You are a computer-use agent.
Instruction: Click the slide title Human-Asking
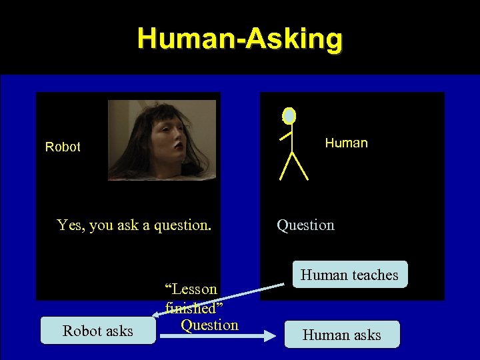tap(240, 39)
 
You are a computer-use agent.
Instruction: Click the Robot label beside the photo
tap(63, 147)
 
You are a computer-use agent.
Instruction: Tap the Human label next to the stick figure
tap(346, 143)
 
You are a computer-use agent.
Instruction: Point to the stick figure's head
tap(289, 116)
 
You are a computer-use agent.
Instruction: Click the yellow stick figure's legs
tap(293, 167)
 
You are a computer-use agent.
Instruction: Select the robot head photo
tap(162, 140)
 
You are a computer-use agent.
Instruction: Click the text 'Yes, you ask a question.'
tap(134, 225)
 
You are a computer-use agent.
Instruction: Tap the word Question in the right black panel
tap(305, 225)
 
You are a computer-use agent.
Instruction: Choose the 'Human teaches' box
tap(349, 275)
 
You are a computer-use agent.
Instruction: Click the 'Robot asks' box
tap(98, 331)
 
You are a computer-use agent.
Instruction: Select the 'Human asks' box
tap(341, 335)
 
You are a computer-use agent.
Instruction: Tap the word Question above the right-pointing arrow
tap(209, 325)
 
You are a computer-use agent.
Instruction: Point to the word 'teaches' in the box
tap(375, 275)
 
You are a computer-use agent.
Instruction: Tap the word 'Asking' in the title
tap(293, 39)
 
